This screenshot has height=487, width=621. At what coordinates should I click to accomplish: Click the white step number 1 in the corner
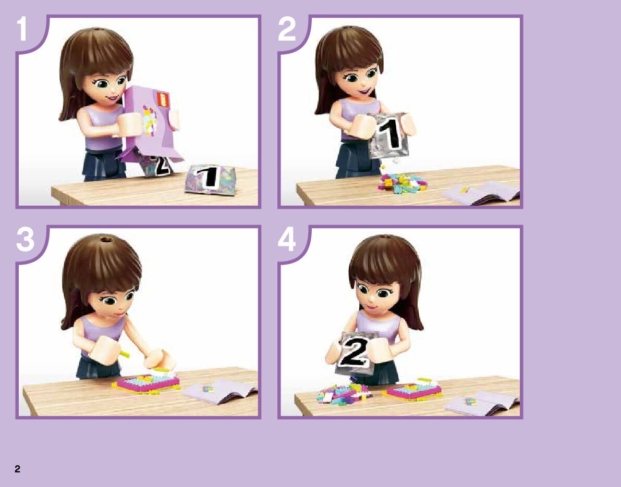(22, 29)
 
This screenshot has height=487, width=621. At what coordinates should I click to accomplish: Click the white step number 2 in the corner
(287, 29)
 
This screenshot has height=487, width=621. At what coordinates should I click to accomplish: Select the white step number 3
(26, 240)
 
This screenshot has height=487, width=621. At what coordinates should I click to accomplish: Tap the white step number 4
(287, 240)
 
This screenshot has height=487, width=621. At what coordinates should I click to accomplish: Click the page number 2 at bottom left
(17, 469)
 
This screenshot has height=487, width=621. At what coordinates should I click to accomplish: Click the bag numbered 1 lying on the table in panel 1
(210, 179)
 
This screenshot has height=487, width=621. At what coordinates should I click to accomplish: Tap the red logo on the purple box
(163, 99)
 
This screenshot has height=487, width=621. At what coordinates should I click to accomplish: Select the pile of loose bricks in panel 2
(403, 183)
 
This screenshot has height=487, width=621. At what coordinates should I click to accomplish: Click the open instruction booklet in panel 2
(481, 193)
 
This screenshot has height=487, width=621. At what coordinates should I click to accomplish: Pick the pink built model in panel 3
(147, 383)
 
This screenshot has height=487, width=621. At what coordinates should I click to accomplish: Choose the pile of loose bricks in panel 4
(344, 393)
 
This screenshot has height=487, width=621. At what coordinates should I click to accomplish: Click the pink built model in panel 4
(413, 390)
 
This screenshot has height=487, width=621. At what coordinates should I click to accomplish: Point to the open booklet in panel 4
(481, 403)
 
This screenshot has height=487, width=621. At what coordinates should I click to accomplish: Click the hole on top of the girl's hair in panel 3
(106, 240)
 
